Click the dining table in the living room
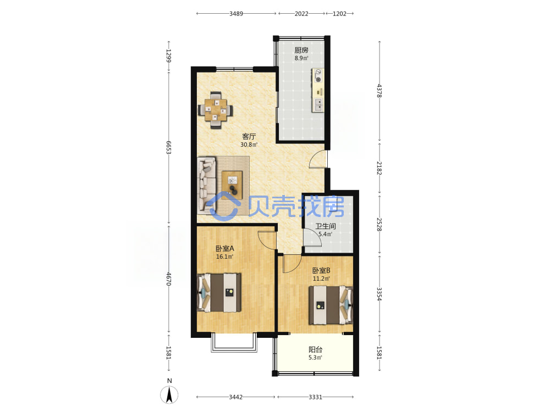(x=216, y=110)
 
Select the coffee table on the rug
(x=232, y=184)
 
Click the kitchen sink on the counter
(x=318, y=104)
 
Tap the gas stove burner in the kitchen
(x=318, y=80)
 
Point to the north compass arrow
(x=169, y=394)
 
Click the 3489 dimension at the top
(x=236, y=14)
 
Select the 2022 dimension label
(x=301, y=14)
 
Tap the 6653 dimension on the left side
(x=169, y=147)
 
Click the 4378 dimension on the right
(x=379, y=91)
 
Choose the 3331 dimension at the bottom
(x=315, y=397)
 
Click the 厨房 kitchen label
(x=301, y=51)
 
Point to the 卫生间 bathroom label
(x=326, y=226)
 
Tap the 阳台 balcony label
(x=315, y=349)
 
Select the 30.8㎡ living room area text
(x=249, y=144)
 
